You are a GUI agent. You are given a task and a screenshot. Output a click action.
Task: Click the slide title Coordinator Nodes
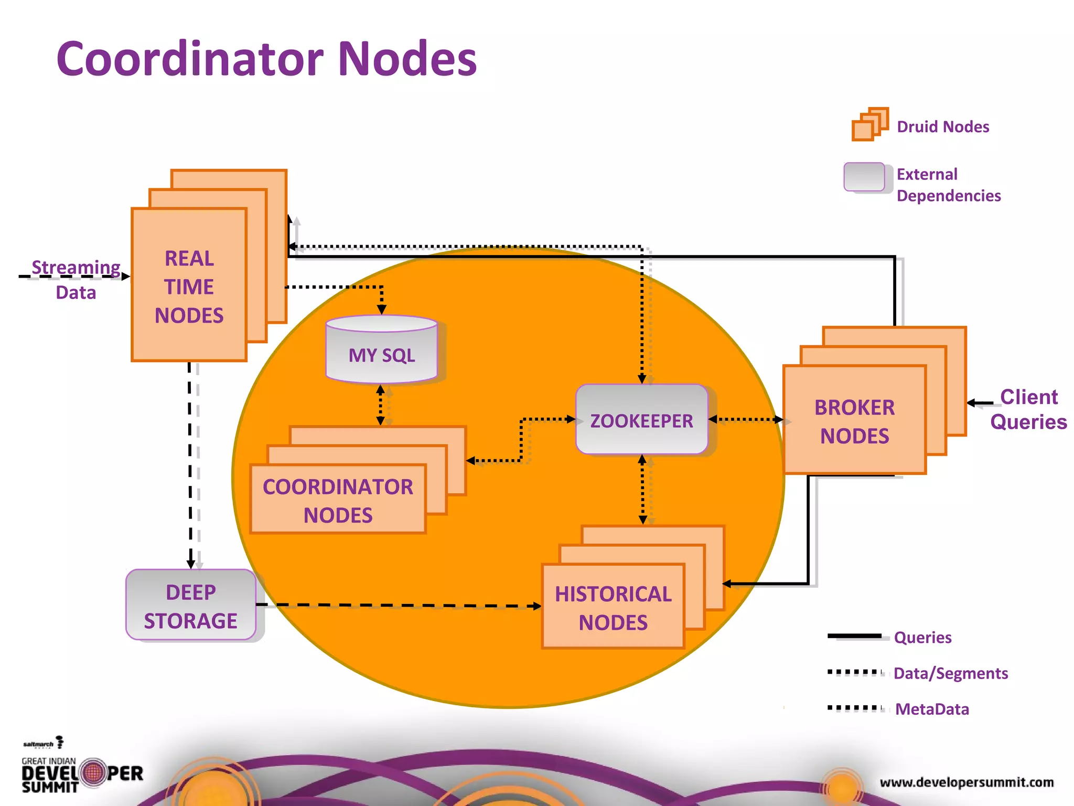(x=266, y=59)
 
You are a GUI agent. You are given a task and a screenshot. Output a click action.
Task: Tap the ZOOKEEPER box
(x=641, y=420)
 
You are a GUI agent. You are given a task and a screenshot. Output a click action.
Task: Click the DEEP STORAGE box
(x=190, y=605)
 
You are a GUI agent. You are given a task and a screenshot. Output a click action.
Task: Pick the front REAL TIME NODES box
(x=189, y=286)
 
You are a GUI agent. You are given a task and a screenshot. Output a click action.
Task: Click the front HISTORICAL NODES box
(x=613, y=607)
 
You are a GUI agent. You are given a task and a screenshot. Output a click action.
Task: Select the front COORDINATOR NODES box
(x=338, y=500)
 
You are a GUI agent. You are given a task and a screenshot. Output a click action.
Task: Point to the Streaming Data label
(x=76, y=279)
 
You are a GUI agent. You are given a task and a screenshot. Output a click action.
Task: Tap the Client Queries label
(x=1028, y=409)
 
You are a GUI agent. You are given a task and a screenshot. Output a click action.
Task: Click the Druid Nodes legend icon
(x=869, y=125)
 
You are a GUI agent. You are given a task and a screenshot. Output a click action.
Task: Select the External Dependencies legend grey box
(x=864, y=177)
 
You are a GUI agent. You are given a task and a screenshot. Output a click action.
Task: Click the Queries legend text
(x=922, y=638)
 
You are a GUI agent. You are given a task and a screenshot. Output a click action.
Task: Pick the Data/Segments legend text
(x=950, y=673)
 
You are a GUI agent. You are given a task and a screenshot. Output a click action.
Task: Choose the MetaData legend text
(x=932, y=709)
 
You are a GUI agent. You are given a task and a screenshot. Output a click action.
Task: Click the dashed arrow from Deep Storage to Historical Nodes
(x=399, y=605)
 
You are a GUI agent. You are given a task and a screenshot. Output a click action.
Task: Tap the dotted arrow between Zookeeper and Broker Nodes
(x=746, y=419)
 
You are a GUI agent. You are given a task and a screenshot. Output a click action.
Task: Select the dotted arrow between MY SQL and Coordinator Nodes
(x=381, y=406)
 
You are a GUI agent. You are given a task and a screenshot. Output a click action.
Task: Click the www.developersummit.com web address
(x=966, y=782)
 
